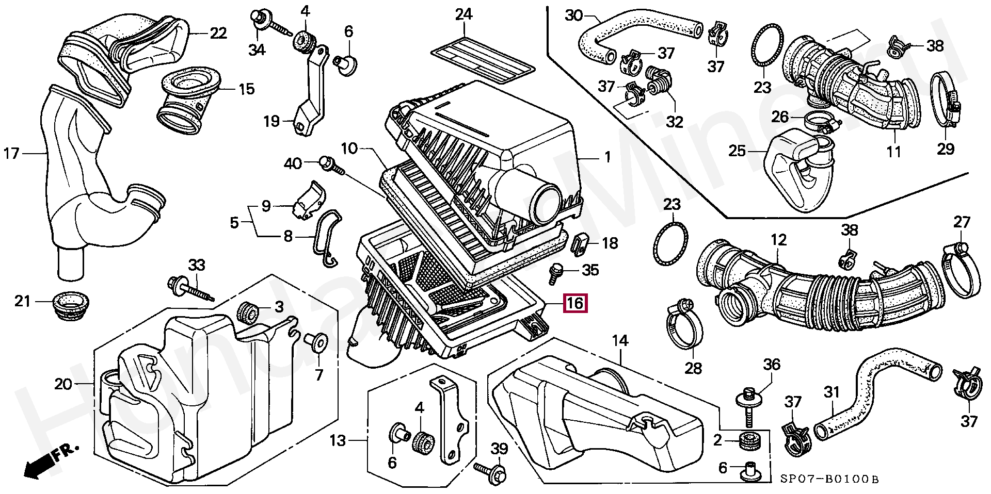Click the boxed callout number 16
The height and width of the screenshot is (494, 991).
pyautogui.click(x=575, y=303)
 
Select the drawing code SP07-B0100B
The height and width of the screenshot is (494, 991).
pyautogui.click(x=828, y=479)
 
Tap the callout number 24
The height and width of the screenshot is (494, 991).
pyautogui.click(x=463, y=14)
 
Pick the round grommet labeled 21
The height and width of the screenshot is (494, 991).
pyautogui.click(x=71, y=305)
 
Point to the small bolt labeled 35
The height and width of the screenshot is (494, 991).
pyautogui.click(x=556, y=272)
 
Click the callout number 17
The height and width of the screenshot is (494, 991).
pyautogui.click(x=11, y=153)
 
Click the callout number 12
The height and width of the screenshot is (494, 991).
pyautogui.click(x=778, y=240)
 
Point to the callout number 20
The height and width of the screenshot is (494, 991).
pyautogui.click(x=63, y=384)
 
